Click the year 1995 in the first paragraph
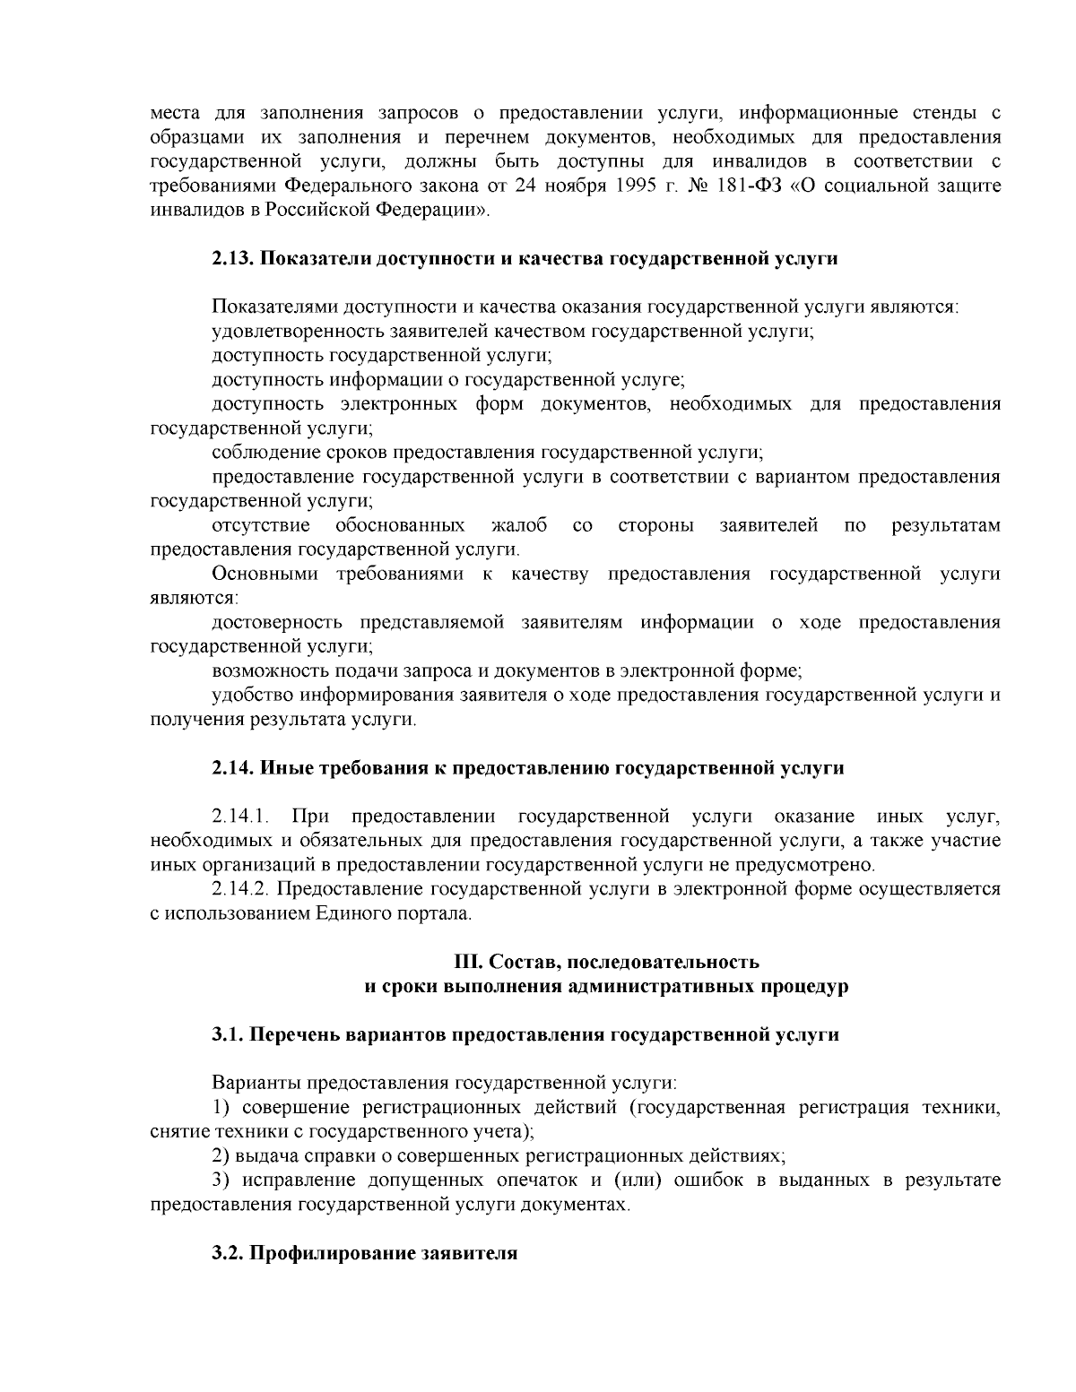click(x=639, y=186)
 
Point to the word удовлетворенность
click(x=282, y=332)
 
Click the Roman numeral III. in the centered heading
click(x=468, y=963)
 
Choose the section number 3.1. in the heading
click(x=228, y=1035)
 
